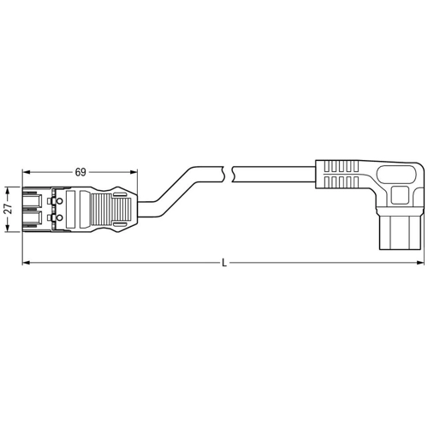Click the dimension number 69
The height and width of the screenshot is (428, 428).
tap(80, 172)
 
